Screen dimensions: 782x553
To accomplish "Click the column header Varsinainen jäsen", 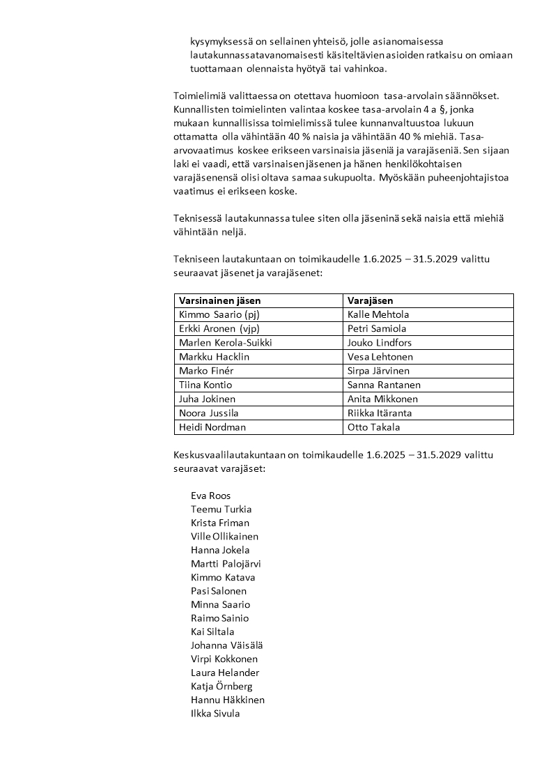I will tap(220, 300).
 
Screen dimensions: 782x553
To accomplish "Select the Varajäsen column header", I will tap(371, 300).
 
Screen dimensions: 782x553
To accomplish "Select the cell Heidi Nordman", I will tap(212, 427).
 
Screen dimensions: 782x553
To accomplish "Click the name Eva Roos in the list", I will tap(210, 496).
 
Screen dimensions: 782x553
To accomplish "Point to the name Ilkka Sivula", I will tap(215, 713).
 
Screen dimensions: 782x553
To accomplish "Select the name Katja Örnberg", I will tap(221, 686).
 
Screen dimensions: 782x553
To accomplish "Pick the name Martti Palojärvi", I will tap(226, 563).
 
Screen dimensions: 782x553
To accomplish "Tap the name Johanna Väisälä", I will tap(226, 645).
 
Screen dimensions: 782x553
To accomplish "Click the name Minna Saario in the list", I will tap(220, 604).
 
